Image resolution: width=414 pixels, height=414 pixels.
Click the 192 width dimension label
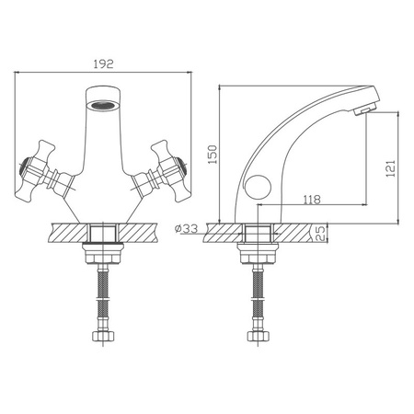[x=103, y=64]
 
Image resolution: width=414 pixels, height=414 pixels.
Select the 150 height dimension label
[x=213, y=155]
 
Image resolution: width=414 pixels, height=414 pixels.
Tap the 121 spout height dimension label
[x=390, y=168]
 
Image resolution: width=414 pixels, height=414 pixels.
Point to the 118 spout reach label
[x=312, y=200]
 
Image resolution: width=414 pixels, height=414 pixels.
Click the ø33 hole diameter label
[x=186, y=228]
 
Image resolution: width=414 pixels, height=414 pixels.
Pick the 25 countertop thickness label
[x=319, y=234]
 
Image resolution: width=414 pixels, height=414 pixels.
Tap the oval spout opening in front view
[x=103, y=106]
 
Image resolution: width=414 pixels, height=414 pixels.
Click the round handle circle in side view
[x=258, y=188]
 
